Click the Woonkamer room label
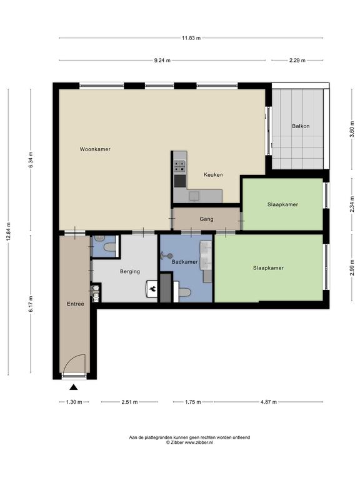tap(95, 149)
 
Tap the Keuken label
tap(213, 175)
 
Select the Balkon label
tap(301, 126)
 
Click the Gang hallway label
tap(206, 219)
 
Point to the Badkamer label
tap(184, 262)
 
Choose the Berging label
tap(130, 271)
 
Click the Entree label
tap(75, 304)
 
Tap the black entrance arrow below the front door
tap(74, 387)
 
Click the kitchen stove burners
tap(180, 166)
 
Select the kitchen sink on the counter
tap(194, 196)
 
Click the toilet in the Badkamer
tap(184, 292)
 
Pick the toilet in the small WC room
tap(109, 247)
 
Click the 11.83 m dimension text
tap(191, 38)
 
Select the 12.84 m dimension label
tap(8, 232)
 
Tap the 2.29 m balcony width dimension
tap(297, 60)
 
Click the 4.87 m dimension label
tap(269, 402)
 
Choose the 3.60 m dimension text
tap(352, 129)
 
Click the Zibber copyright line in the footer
tap(189, 442)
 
